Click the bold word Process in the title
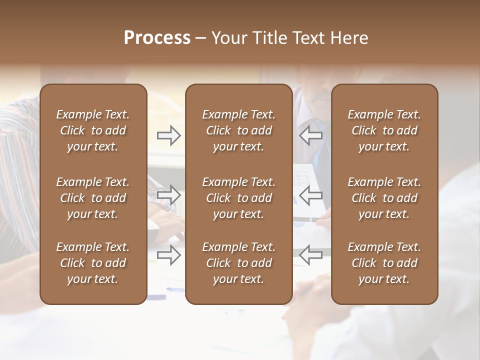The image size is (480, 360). point(157,38)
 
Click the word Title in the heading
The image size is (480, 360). point(269,38)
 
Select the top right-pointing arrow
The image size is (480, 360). point(169,135)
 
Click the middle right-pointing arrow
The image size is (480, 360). point(169,195)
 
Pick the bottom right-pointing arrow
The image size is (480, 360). point(169,255)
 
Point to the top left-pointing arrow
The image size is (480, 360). point(310,135)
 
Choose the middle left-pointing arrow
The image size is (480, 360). point(310,195)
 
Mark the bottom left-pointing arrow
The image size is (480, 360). point(310,255)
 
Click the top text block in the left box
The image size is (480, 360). point(93,130)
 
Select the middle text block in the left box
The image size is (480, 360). point(93,198)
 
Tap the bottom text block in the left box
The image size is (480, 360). point(93,263)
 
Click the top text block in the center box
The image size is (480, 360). point(238,130)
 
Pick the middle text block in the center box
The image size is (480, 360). point(238,198)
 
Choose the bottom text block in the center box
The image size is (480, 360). point(238,263)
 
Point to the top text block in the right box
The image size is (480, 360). point(384,130)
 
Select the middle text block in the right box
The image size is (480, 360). point(384,198)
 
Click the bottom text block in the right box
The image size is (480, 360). point(384,263)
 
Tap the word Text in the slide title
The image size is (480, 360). point(309,38)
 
